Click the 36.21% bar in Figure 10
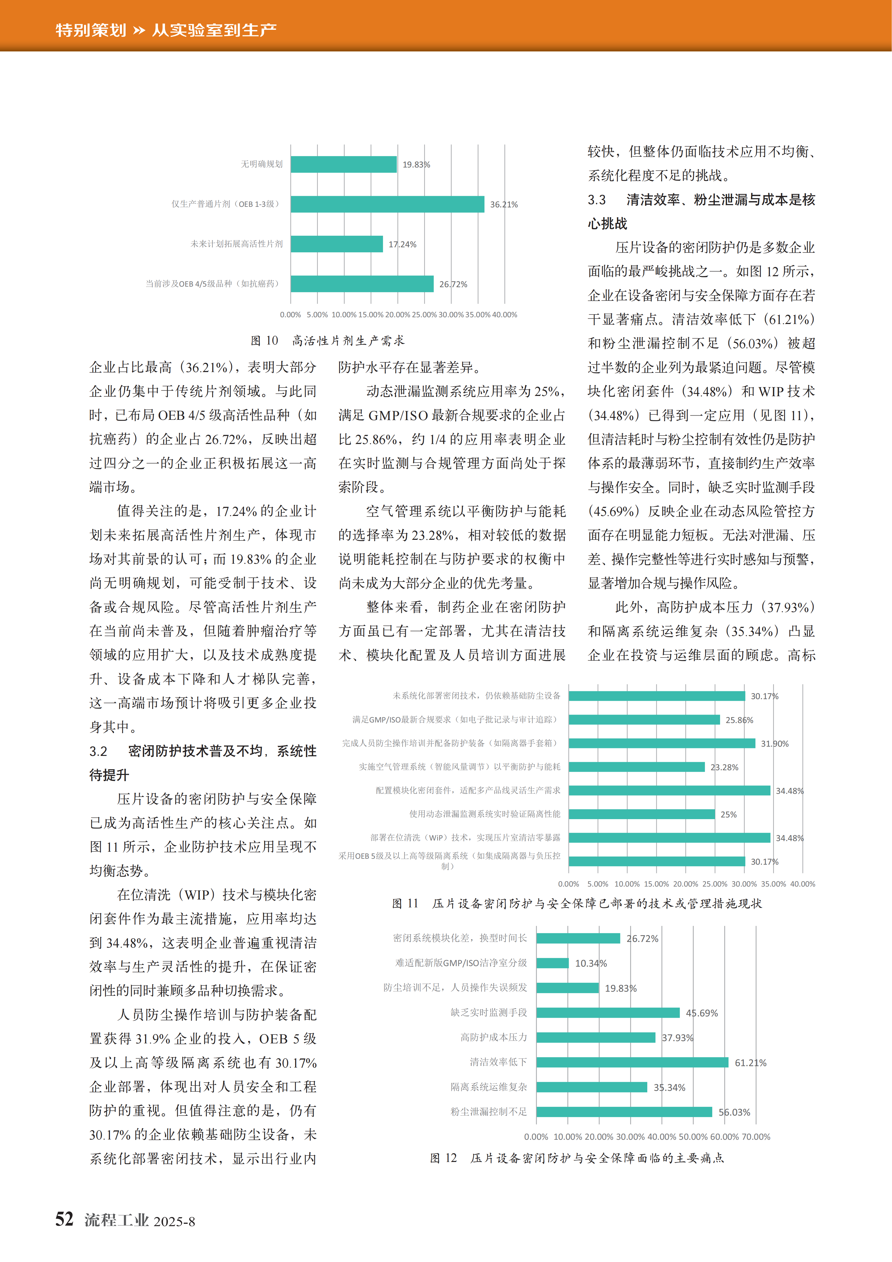coord(387,204)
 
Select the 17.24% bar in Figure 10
coord(336,244)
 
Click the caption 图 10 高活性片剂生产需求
coord(328,341)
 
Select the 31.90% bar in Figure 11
coord(662,743)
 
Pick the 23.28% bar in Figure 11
coord(636,767)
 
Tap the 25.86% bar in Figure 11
coord(644,719)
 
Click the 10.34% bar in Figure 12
coord(552,963)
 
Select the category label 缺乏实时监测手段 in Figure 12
coord(489,1012)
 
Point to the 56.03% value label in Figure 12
coord(734,1112)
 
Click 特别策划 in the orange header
coord(91,30)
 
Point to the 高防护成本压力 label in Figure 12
coord(494,1037)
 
